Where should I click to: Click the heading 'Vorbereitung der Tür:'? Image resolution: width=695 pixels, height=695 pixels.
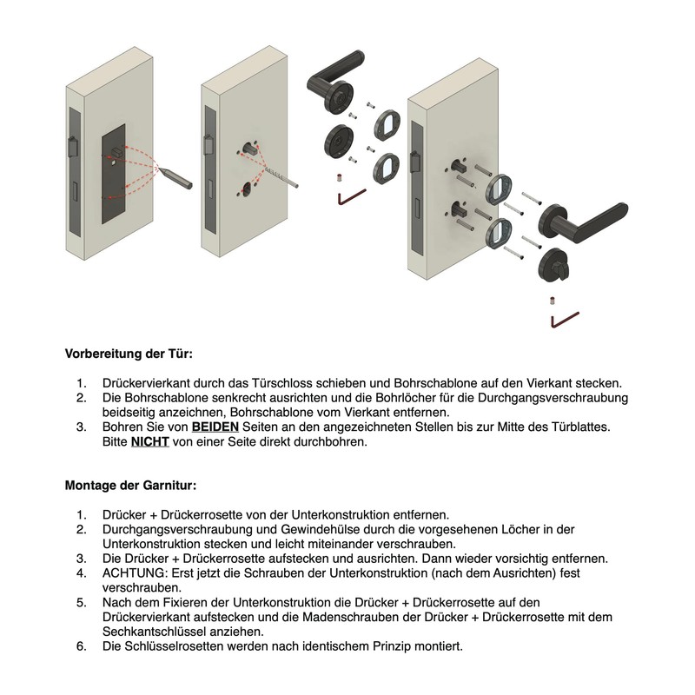[129, 354]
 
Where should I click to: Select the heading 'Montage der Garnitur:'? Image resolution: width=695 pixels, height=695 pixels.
[130, 486]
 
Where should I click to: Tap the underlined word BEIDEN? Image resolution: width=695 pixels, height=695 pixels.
[215, 427]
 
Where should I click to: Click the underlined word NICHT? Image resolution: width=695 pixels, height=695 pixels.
[149, 441]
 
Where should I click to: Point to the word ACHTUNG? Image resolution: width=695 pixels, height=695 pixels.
[136, 573]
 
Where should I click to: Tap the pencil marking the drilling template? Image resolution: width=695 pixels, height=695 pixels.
[175, 176]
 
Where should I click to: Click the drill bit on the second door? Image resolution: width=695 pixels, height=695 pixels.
[281, 176]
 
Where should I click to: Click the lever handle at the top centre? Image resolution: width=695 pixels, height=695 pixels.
[335, 81]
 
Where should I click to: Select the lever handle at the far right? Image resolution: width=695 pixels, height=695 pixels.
[583, 223]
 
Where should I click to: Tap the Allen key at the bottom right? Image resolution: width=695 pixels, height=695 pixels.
[564, 320]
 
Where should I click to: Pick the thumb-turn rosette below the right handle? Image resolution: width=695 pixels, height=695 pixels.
[554, 266]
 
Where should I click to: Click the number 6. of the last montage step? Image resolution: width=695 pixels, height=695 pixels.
[82, 646]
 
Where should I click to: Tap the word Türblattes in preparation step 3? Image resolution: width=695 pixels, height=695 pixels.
[580, 427]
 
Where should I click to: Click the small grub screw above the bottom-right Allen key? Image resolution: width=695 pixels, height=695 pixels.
[553, 301]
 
